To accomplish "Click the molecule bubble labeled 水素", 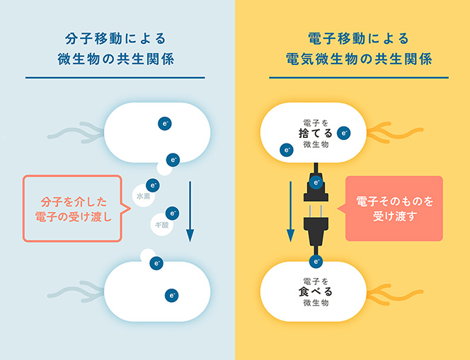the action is [x=143, y=196].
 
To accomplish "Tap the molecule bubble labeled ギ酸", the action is [x=162, y=224].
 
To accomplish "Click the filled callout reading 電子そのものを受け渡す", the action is [x=394, y=209].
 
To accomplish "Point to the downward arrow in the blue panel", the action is [x=190, y=211].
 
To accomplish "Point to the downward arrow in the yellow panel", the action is [x=290, y=211].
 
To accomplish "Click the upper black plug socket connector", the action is [x=316, y=187].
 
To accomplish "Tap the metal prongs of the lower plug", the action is [x=316, y=211].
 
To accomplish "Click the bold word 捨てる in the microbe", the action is [x=316, y=133].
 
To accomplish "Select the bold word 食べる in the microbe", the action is [x=316, y=291].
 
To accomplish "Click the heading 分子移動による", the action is [x=115, y=39].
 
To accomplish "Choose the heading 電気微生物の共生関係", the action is [x=359, y=59].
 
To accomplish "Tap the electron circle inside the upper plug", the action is [x=316, y=182].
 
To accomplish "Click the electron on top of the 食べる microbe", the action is [x=316, y=262].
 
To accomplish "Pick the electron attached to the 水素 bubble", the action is [x=153, y=185].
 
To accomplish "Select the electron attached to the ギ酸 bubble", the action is [x=172, y=214].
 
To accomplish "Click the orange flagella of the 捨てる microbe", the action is [x=395, y=132].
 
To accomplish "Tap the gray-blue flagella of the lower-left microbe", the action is [x=76, y=291].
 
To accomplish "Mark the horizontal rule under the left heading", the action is [x=115, y=78].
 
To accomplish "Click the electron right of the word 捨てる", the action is [x=344, y=133].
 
